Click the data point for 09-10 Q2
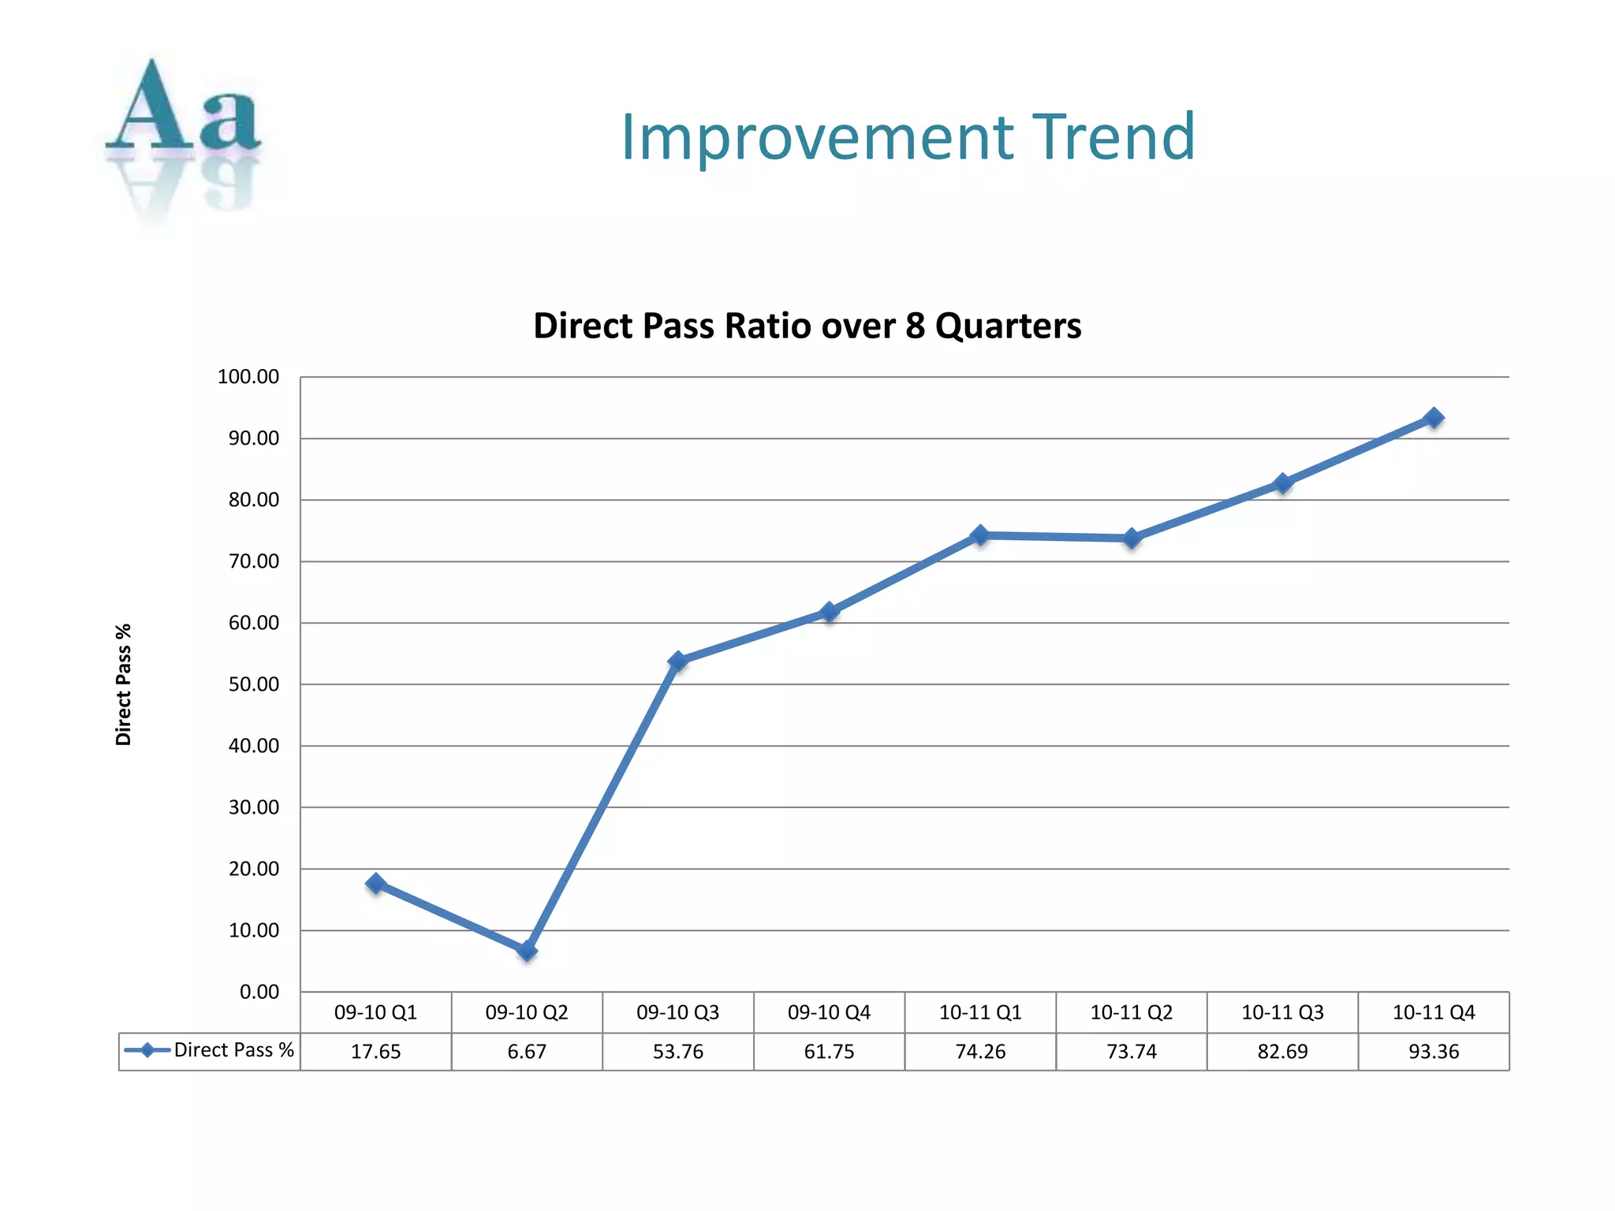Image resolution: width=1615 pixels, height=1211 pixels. point(527,951)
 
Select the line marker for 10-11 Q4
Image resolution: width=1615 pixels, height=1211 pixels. point(1434,418)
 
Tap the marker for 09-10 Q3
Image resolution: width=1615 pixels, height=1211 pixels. point(678,661)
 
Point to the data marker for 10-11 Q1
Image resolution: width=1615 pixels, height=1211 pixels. point(980,535)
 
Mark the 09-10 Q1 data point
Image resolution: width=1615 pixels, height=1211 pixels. point(376,883)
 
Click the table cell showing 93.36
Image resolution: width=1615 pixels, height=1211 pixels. point(1434,1052)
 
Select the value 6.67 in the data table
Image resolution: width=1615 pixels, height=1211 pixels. point(527,1052)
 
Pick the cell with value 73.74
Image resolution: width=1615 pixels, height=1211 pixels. point(1132,1052)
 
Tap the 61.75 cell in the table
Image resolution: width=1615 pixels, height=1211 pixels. point(829,1052)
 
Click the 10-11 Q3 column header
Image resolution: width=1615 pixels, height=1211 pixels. point(1282,1012)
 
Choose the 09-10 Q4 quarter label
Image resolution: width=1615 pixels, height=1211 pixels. point(829,1012)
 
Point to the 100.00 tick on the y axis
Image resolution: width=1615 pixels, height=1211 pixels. point(248,377)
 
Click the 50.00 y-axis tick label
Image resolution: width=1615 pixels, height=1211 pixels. point(254,684)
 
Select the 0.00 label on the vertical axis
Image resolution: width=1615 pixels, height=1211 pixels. point(259,992)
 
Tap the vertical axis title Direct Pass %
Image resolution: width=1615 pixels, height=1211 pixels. point(124,684)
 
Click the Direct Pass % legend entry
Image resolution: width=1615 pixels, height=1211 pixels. point(210,1050)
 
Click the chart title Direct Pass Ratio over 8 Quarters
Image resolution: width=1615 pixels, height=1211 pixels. point(807,326)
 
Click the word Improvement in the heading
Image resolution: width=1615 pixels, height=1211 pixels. point(817,139)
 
